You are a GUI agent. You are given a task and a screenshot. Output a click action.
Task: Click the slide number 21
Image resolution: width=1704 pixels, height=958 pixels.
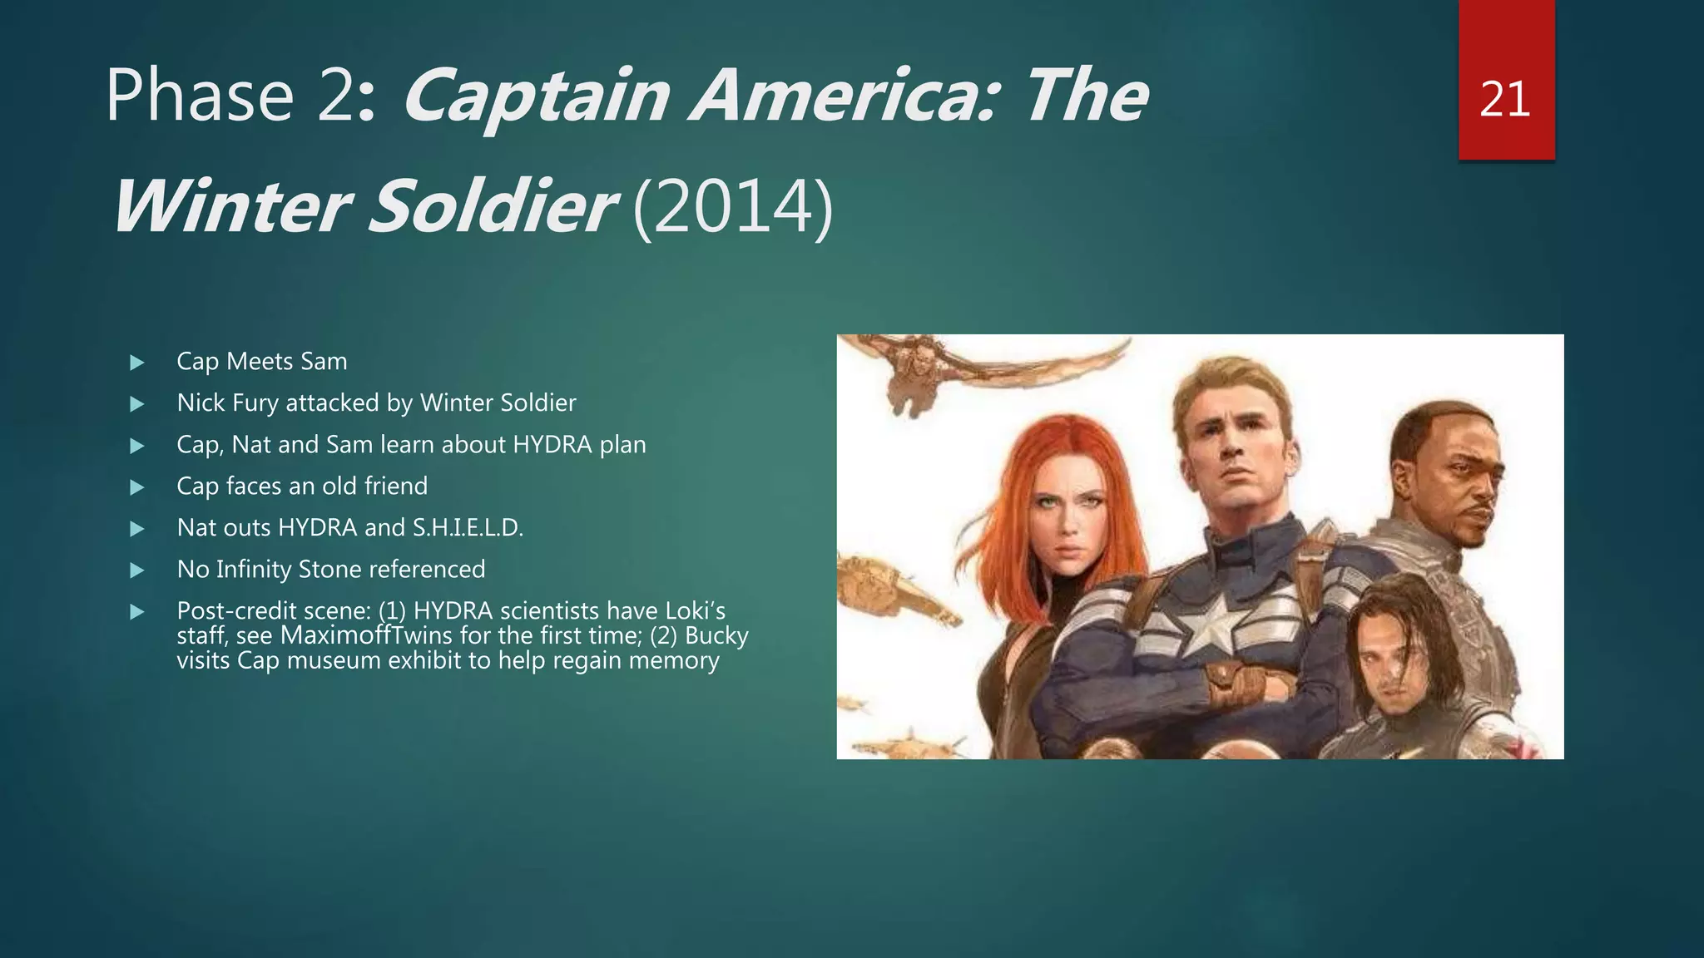coord(1505,100)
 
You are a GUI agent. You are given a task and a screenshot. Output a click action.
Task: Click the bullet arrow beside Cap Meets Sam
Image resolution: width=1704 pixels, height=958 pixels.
coord(137,363)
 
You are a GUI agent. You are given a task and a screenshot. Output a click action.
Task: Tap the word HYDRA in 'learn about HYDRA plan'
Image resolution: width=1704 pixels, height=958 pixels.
coord(552,445)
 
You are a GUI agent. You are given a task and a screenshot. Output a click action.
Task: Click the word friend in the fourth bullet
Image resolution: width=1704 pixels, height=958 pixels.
coord(396,486)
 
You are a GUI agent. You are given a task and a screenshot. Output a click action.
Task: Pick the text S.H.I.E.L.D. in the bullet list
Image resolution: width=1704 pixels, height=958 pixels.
coord(468,528)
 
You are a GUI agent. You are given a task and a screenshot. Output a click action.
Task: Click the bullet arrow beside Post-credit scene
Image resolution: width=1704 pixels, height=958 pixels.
coord(137,612)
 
